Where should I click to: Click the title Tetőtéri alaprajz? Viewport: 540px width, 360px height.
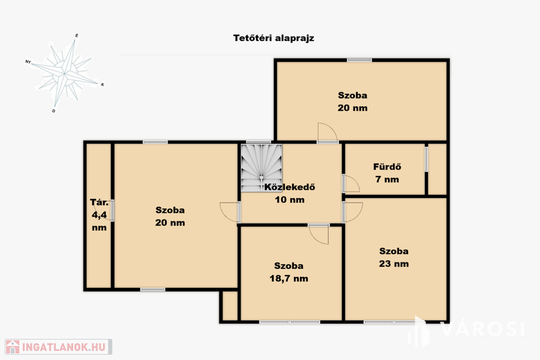(274, 38)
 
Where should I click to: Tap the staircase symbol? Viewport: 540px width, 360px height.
(262, 168)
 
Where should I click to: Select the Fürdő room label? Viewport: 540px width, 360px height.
(387, 167)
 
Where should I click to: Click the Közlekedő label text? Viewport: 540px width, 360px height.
(290, 187)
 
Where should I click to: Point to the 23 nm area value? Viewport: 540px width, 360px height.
(393, 264)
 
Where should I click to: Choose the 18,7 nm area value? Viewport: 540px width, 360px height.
(288, 278)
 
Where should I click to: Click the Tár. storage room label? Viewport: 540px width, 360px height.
(99, 202)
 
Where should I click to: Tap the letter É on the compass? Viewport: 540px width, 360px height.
(76, 35)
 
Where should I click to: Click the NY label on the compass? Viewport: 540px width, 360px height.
(28, 62)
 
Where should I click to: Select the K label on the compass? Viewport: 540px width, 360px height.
(102, 85)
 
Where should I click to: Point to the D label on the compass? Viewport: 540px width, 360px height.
(53, 111)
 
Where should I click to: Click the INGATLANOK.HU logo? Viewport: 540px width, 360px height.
(59, 347)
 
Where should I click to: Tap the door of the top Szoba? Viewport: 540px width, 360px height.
(327, 132)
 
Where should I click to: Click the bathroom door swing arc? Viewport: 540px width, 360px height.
(351, 183)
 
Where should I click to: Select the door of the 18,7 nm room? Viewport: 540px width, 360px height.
(319, 234)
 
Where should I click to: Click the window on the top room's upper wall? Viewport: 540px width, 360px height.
(359, 60)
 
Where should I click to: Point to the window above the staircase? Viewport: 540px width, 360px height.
(258, 142)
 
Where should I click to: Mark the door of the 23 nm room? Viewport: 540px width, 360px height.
(353, 212)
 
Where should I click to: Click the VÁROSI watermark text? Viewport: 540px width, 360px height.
(482, 329)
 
